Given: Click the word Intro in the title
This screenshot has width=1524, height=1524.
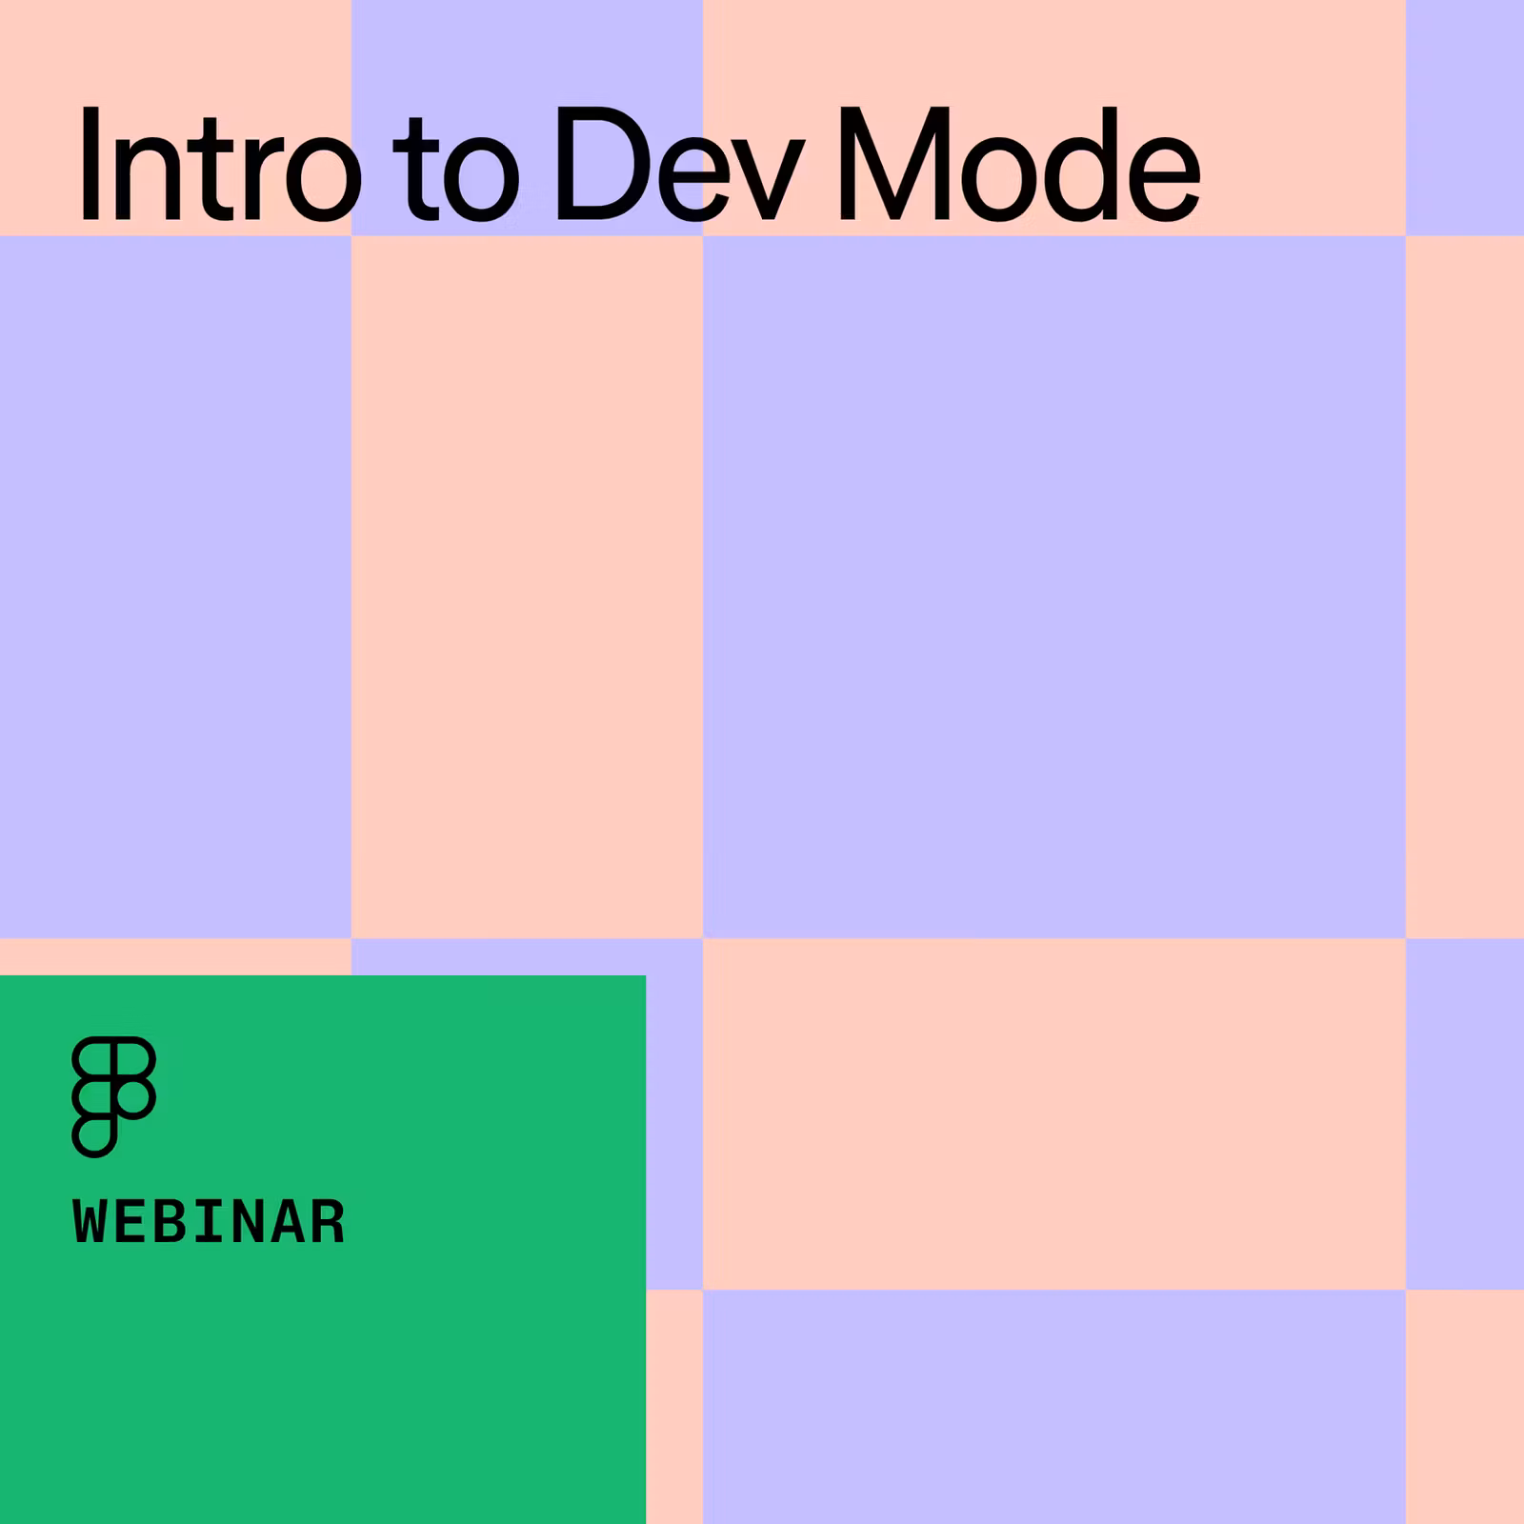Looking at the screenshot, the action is coord(220,165).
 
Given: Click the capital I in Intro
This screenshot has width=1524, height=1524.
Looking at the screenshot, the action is coord(89,164).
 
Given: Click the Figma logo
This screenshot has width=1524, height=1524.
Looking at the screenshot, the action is coord(113,1096).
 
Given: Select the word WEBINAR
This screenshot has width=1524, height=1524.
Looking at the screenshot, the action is coord(209,1222).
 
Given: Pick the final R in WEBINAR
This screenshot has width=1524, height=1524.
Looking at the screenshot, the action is coord(327,1222).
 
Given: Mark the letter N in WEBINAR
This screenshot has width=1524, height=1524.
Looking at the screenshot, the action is coord(248,1222).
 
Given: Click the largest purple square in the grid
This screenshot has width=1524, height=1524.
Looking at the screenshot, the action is coord(1054,587).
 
